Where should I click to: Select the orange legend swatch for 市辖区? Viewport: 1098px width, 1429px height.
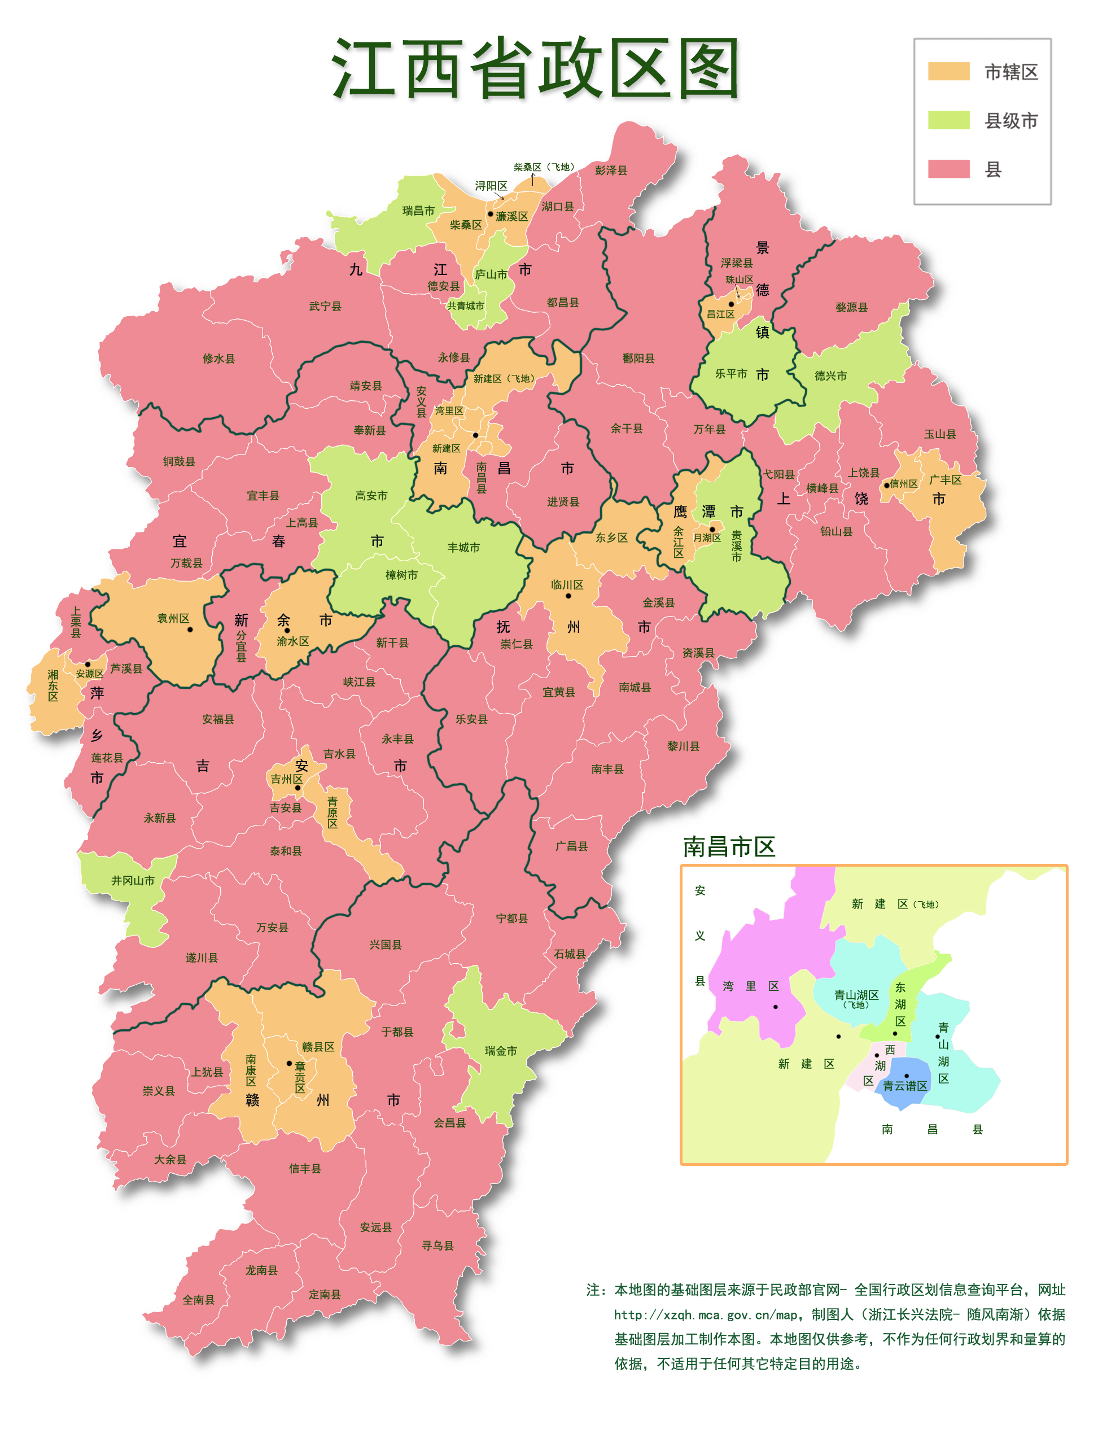[948, 71]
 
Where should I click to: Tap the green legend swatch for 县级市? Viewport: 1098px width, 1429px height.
[948, 120]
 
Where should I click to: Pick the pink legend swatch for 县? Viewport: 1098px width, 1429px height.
[948, 169]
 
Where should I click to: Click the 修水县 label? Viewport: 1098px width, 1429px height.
[219, 358]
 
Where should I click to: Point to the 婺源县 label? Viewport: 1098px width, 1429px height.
[851, 307]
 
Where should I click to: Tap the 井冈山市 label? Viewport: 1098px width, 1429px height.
[133, 881]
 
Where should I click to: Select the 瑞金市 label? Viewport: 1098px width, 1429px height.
[501, 1051]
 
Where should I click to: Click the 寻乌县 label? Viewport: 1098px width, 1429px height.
[438, 1246]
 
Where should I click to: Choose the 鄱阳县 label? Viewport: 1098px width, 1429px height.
[638, 358]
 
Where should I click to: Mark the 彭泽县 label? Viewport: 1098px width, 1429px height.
[610, 170]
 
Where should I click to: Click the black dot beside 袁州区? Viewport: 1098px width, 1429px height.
[190, 630]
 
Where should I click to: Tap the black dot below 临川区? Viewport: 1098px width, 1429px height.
[568, 596]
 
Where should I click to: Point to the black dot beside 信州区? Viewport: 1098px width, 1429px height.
[887, 485]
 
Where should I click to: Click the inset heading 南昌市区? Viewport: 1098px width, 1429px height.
[729, 846]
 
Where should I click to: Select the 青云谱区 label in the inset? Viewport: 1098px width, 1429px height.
[905, 1086]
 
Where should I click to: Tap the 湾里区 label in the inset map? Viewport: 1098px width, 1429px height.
[750, 986]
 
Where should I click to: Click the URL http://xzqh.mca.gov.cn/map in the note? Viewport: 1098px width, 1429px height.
[705, 1314]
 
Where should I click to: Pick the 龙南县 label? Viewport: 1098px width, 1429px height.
[261, 1270]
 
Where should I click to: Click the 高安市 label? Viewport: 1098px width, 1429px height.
[371, 496]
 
